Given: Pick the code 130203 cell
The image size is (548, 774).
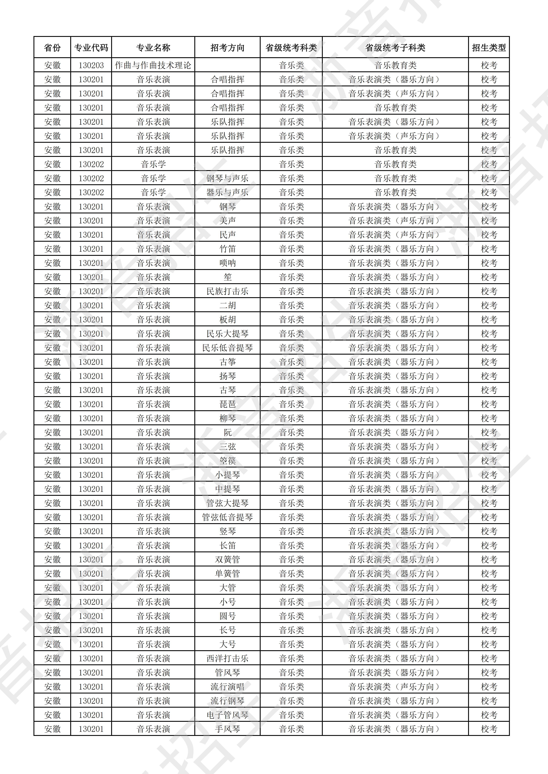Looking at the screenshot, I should (91, 65).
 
